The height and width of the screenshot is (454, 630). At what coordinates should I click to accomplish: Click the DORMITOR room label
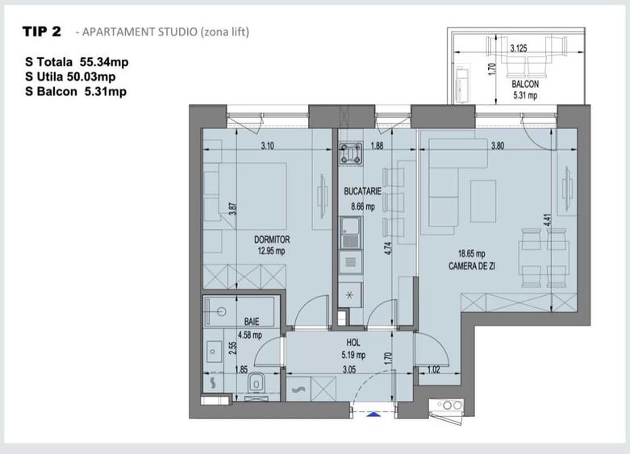[271, 239]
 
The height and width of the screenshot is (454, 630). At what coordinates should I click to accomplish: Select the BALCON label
[524, 84]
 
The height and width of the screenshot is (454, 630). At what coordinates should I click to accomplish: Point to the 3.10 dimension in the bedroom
[269, 146]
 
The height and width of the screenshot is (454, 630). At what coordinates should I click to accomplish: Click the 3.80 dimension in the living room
[499, 146]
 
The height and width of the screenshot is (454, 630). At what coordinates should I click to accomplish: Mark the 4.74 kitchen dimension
[388, 248]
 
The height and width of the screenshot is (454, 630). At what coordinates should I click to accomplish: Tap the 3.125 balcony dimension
[519, 49]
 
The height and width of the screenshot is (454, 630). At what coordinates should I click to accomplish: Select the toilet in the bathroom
[257, 385]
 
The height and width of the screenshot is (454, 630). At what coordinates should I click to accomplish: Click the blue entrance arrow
[373, 414]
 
